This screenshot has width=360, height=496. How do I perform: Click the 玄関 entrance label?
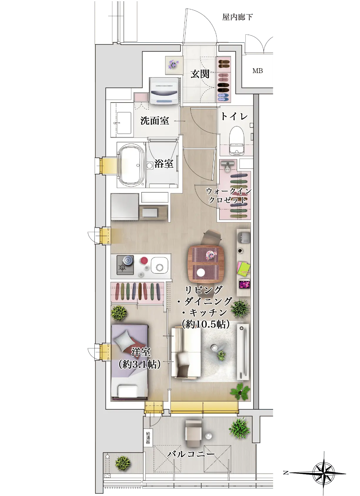click(x=200, y=74)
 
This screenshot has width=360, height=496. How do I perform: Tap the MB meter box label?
click(x=257, y=71)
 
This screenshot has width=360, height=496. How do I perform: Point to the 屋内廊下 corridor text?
click(x=237, y=17)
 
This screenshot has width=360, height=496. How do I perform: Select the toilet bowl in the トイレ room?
click(x=237, y=141)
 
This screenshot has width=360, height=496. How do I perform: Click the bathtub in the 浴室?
click(x=131, y=165)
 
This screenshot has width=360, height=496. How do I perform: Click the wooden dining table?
click(x=206, y=264)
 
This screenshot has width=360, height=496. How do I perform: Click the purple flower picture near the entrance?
click(x=174, y=65)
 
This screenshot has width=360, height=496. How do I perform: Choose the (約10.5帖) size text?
click(x=205, y=324)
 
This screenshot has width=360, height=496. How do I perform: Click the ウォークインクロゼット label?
click(x=228, y=195)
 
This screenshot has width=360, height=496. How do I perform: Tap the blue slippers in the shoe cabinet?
click(x=224, y=98)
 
